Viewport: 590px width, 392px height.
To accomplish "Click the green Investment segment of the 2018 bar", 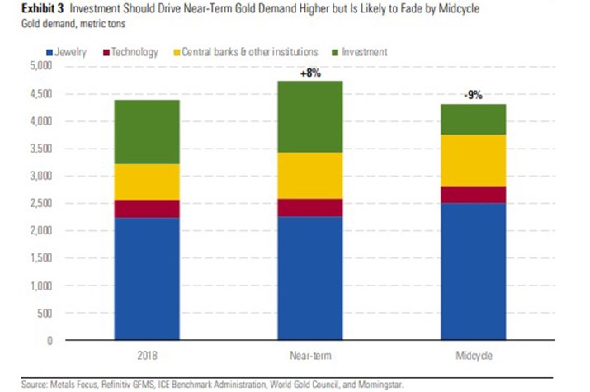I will coord(148,132).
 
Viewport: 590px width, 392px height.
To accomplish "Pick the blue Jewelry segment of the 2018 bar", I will coord(148,279).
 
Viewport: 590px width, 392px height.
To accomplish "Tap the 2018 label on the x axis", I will coord(148,356).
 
